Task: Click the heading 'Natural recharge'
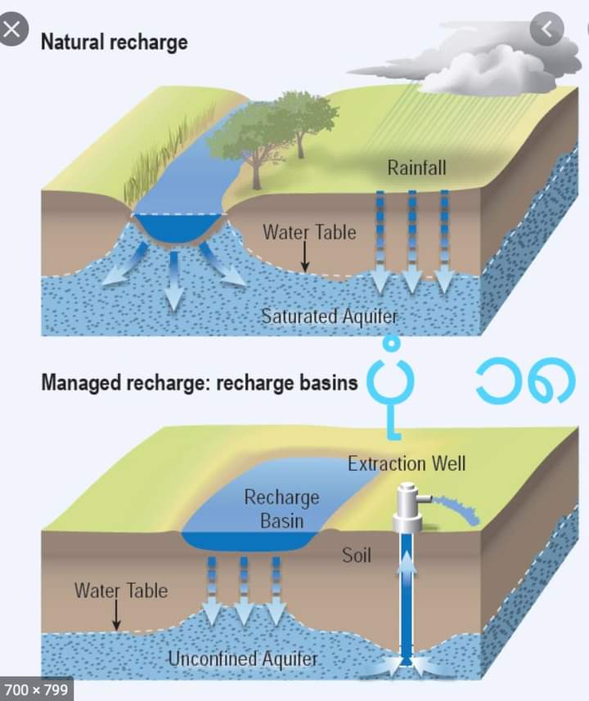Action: click(x=114, y=41)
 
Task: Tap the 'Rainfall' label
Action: click(x=416, y=169)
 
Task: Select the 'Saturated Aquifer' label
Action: click(x=329, y=315)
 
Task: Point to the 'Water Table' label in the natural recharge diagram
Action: click(x=309, y=232)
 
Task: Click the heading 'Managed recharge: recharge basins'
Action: click(x=199, y=382)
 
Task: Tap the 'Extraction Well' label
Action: click(x=407, y=464)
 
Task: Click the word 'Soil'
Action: click(x=356, y=556)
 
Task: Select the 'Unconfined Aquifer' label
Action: click(x=242, y=658)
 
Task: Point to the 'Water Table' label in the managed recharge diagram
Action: click(x=121, y=590)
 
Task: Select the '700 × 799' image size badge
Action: click(x=35, y=690)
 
